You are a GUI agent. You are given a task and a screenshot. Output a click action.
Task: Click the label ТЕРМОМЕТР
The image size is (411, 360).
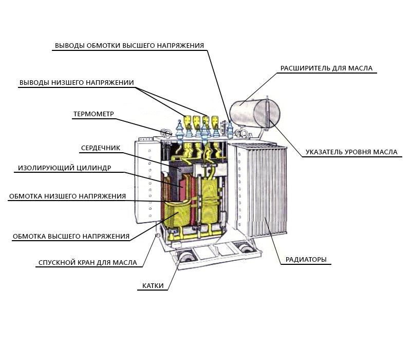[x=94, y=114]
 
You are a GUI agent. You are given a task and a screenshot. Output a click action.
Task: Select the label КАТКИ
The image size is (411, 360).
[x=153, y=285]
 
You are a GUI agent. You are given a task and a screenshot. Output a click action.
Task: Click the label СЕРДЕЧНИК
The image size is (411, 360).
[x=101, y=148]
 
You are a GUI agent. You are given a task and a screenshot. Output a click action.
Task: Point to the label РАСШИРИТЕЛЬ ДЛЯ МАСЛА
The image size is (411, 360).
[x=326, y=68]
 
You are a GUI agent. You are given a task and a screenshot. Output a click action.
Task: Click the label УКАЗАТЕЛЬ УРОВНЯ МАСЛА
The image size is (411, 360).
[x=351, y=152]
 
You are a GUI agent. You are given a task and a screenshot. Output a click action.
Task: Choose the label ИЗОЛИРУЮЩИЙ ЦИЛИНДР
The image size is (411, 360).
[x=65, y=168]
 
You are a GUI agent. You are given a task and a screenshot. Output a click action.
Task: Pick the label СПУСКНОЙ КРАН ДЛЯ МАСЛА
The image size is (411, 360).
[x=88, y=262]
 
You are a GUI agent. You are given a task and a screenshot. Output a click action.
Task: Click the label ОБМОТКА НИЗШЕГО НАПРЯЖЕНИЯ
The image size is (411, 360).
[x=67, y=196]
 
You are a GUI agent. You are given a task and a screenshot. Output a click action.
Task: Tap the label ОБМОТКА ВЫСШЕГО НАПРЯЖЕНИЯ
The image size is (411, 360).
[x=71, y=236]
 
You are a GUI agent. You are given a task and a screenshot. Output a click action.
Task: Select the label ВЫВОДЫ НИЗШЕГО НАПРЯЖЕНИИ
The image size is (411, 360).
[x=77, y=82]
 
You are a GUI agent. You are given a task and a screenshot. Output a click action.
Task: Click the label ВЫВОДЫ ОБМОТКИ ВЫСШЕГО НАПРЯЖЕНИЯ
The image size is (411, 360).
[x=129, y=45]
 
